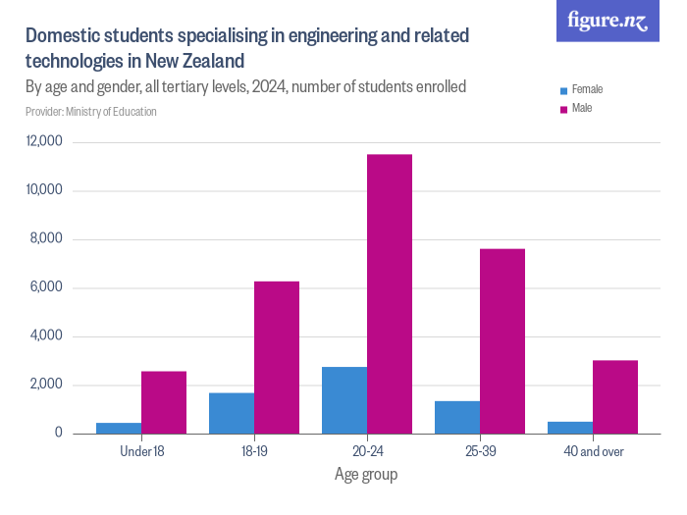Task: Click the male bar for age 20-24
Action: click(390, 293)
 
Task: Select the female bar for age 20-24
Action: click(344, 400)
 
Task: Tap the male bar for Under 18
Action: click(164, 402)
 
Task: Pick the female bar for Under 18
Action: click(119, 428)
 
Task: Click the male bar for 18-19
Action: click(277, 357)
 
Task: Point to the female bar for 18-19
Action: click(232, 413)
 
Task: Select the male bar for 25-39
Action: click(502, 340)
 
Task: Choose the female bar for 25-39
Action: click(457, 417)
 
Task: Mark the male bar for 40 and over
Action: click(615, 396)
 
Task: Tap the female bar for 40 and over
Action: click(570, 428)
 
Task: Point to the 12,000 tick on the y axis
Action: click(45, 142)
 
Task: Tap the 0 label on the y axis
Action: click(58, 433)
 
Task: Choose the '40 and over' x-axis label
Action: click(593, 452)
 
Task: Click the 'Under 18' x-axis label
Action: click(141, 452)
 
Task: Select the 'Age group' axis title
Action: click(366, 475)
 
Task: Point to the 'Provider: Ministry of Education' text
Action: click(91, 112)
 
